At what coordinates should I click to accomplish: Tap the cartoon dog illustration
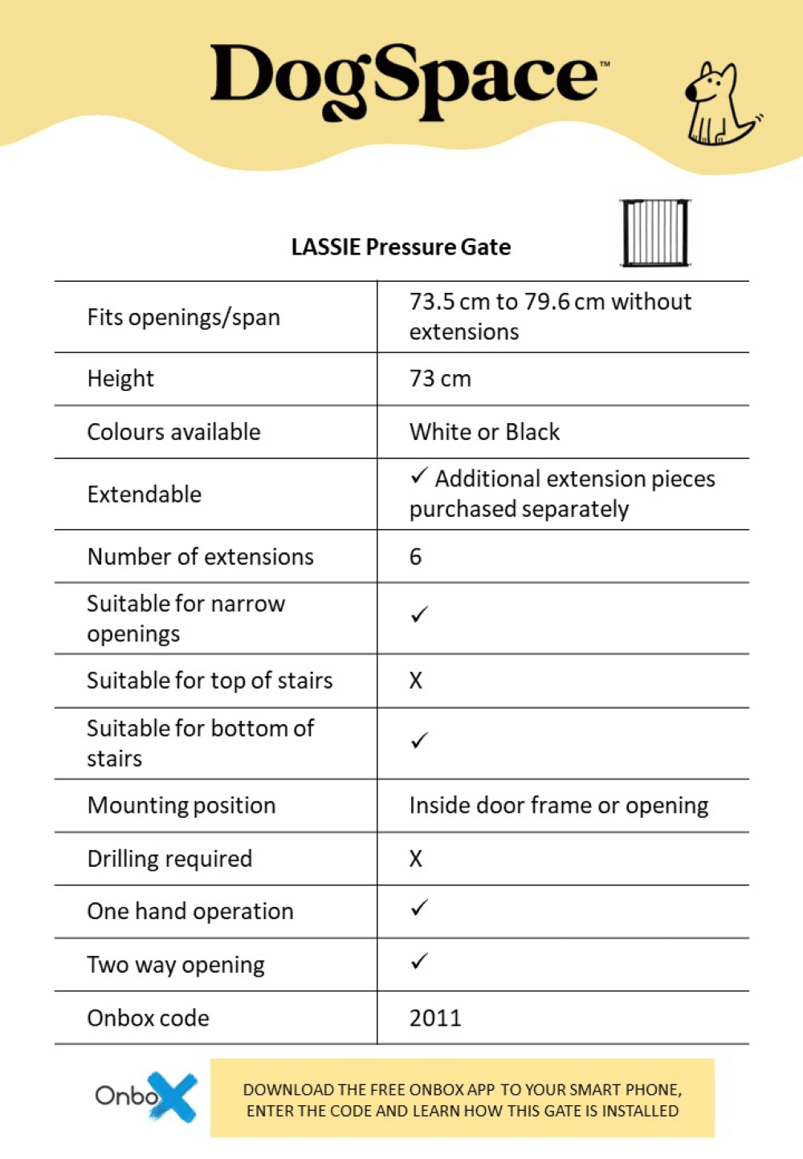[x=720, y=105]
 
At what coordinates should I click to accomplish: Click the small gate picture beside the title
[x=655, y=233]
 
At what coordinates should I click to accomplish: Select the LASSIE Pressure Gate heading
[x=401, y=246]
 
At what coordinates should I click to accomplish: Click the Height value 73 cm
[x=440, y=378]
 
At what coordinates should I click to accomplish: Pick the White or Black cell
[x=484, y=432]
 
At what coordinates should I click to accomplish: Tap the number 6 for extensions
[x=415, y=556]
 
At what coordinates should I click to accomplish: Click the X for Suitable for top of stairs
[x=415, y=681]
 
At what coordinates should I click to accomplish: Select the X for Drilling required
[x=415, y=859]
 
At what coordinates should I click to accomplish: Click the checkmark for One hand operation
[x=419, y=909]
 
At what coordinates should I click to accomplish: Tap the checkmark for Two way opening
[x=419, y=962]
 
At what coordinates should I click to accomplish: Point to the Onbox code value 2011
[x=435, y=1018]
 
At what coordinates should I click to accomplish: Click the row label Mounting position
[x=181, y=805]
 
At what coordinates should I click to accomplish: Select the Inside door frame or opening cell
[x=559, y=805]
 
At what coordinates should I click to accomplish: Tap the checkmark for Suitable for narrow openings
[x=419, y=615]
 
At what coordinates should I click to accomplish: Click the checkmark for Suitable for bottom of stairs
[x=419, y=741]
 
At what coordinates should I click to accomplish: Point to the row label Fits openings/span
[x=184, y=317]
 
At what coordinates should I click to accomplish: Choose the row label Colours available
[x=173, y=432]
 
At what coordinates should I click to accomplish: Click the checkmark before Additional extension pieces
[x=419, y=477]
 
